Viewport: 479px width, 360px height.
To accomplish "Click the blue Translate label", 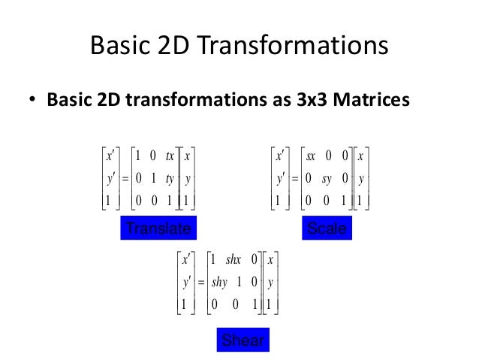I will click(x=158, y=228).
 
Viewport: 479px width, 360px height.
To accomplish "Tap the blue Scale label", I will click(x=327, y=228).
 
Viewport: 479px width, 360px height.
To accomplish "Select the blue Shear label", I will click(x=243, y=340).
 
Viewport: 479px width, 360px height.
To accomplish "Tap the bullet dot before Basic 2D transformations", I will click(x=35, y=101).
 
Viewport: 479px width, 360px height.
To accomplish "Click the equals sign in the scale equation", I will click(x=295, y=180).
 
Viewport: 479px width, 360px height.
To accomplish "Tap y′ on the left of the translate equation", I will click(x=108, y=179).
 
